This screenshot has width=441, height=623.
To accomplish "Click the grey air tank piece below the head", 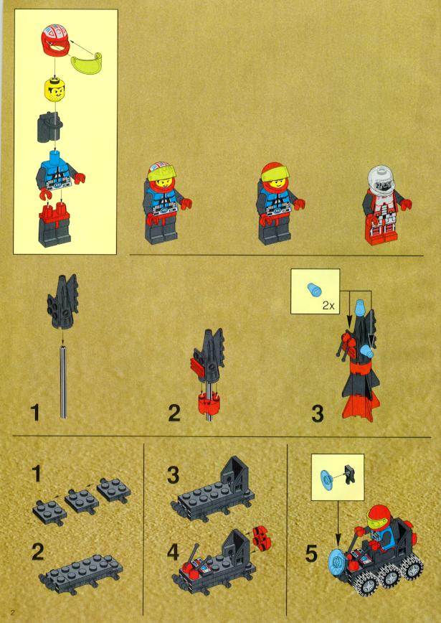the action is click(50, 126).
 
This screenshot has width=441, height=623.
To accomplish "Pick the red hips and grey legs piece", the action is click(54, 225).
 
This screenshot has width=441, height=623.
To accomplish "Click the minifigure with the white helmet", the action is click(387, 205).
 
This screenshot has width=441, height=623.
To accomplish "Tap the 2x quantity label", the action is click(328, 305).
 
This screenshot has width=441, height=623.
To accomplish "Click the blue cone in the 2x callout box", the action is click(313, 289).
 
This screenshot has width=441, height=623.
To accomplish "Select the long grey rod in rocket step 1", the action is click(63, 381).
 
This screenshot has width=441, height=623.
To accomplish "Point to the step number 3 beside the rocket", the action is click(318, 413).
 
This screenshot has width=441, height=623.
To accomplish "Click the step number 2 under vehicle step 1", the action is click(38, 552).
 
